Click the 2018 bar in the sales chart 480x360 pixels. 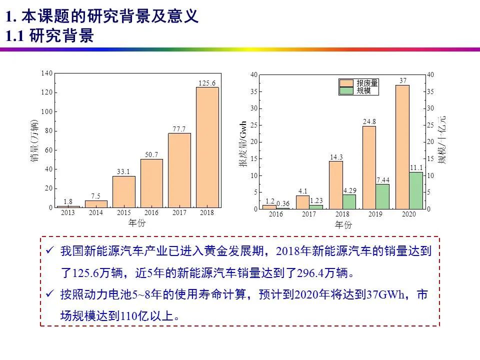point(207,147)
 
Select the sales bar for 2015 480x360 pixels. point(123,191)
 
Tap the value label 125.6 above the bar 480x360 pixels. point(207,83)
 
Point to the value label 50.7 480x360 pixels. point(151,155)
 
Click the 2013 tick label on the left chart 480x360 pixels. point(68,213)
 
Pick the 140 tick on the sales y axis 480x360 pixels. point(46,73)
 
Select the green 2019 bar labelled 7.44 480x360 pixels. point(382,196)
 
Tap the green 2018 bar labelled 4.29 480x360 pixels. point(349,201)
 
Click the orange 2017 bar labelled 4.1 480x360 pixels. point(303,202)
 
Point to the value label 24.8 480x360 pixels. point(369,121)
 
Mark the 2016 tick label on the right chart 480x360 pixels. point(275,214)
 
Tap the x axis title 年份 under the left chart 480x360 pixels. point(136,223)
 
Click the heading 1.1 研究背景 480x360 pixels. point(49,36)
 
